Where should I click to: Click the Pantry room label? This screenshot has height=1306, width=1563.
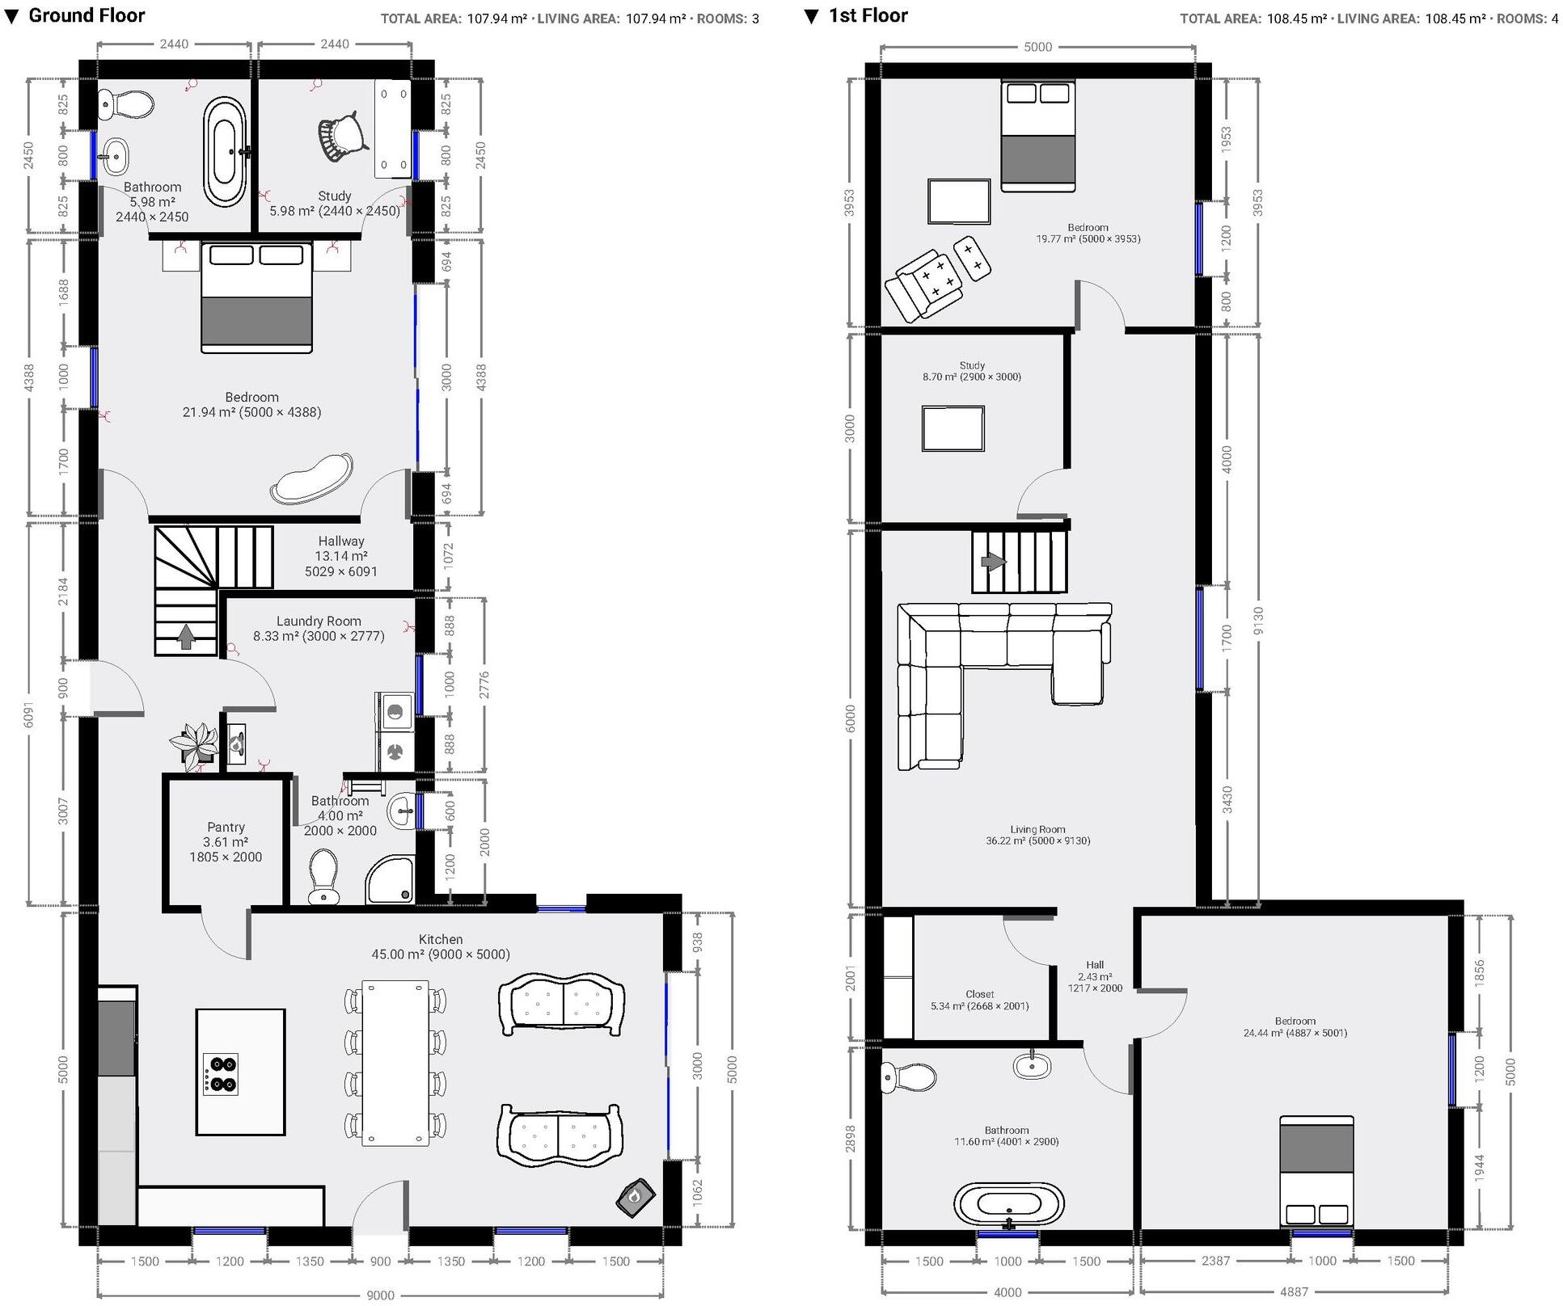coord(226,827)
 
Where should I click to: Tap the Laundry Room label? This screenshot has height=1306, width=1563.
coord(319,621)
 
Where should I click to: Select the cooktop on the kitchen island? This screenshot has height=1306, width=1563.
coord(221,1074)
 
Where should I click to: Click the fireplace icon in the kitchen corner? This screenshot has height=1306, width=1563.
coord(635,1197)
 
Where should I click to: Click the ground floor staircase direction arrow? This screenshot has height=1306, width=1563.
coord(186,637)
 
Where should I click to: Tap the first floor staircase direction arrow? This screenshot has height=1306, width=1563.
coord(992,562)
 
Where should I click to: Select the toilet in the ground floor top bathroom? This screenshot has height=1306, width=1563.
coord(127,104)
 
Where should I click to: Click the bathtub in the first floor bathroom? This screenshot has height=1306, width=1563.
coord(1008,1205)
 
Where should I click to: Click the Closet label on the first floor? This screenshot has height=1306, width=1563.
coord(979,994)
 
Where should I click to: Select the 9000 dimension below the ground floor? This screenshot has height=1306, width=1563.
coord(380,1295)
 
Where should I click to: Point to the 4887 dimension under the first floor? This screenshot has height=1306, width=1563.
coord(1294,1291)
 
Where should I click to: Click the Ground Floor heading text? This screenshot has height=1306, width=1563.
coord(87,15)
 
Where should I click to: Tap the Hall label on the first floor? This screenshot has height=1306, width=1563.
coord(1095,964)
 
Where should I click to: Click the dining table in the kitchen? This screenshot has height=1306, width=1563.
coord(395,1062)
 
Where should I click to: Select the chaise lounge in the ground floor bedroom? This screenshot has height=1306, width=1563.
coord(311,479)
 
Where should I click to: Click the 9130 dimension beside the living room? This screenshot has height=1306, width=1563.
coord(1257,621)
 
